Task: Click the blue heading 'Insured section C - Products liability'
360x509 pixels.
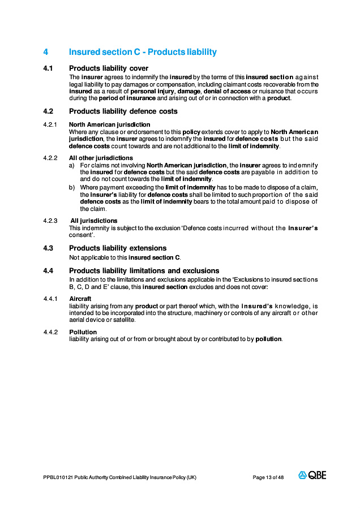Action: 143,52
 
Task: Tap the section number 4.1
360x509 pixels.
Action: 48,68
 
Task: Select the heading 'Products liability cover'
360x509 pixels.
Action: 109,68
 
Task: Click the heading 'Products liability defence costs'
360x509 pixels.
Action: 123,111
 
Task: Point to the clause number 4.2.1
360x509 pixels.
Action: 50,124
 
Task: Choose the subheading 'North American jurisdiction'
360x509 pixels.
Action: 109,124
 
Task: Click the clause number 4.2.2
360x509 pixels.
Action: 50,158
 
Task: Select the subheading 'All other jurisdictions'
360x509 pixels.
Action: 101,158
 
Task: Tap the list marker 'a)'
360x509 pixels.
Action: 72,165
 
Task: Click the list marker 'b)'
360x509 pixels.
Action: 72,187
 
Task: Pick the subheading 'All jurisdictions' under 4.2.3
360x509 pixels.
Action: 94,221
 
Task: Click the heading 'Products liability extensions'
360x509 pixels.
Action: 118,248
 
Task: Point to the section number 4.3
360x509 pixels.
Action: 48,248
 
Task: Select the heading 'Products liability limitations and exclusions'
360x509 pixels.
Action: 144,271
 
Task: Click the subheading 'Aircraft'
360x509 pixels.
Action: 80,298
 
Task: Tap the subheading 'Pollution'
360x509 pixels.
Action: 83,332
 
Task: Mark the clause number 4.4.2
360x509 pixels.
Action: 50,332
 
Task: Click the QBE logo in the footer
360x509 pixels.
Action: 312,475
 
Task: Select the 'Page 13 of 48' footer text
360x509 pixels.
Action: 268,477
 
